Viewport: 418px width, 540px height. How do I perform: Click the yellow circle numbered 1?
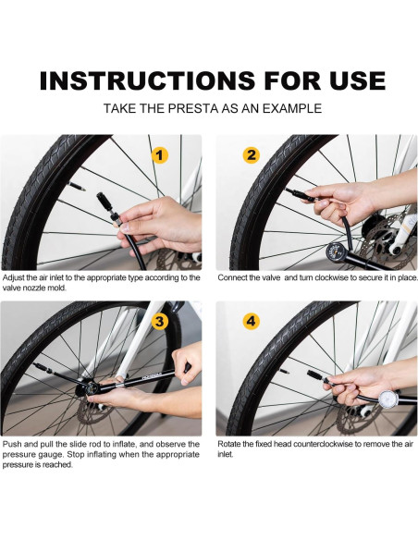coord(159,155)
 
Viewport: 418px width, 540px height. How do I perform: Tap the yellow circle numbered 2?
coord(252,155)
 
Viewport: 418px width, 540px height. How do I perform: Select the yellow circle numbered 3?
coord(159,321)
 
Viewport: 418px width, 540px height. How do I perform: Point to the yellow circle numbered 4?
coord(252,321)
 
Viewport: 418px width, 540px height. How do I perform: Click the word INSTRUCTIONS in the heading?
coord(147,81)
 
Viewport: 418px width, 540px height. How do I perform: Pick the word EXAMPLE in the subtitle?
coord(292,108)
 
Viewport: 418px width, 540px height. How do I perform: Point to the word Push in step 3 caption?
coord(11,444)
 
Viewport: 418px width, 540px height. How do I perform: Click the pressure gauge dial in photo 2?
coord(335,252)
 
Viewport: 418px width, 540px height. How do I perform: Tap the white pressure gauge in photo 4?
coord(388,399)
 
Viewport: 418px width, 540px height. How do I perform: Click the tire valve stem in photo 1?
coord(77,186)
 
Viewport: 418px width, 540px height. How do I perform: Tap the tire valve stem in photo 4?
coord(285,372)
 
